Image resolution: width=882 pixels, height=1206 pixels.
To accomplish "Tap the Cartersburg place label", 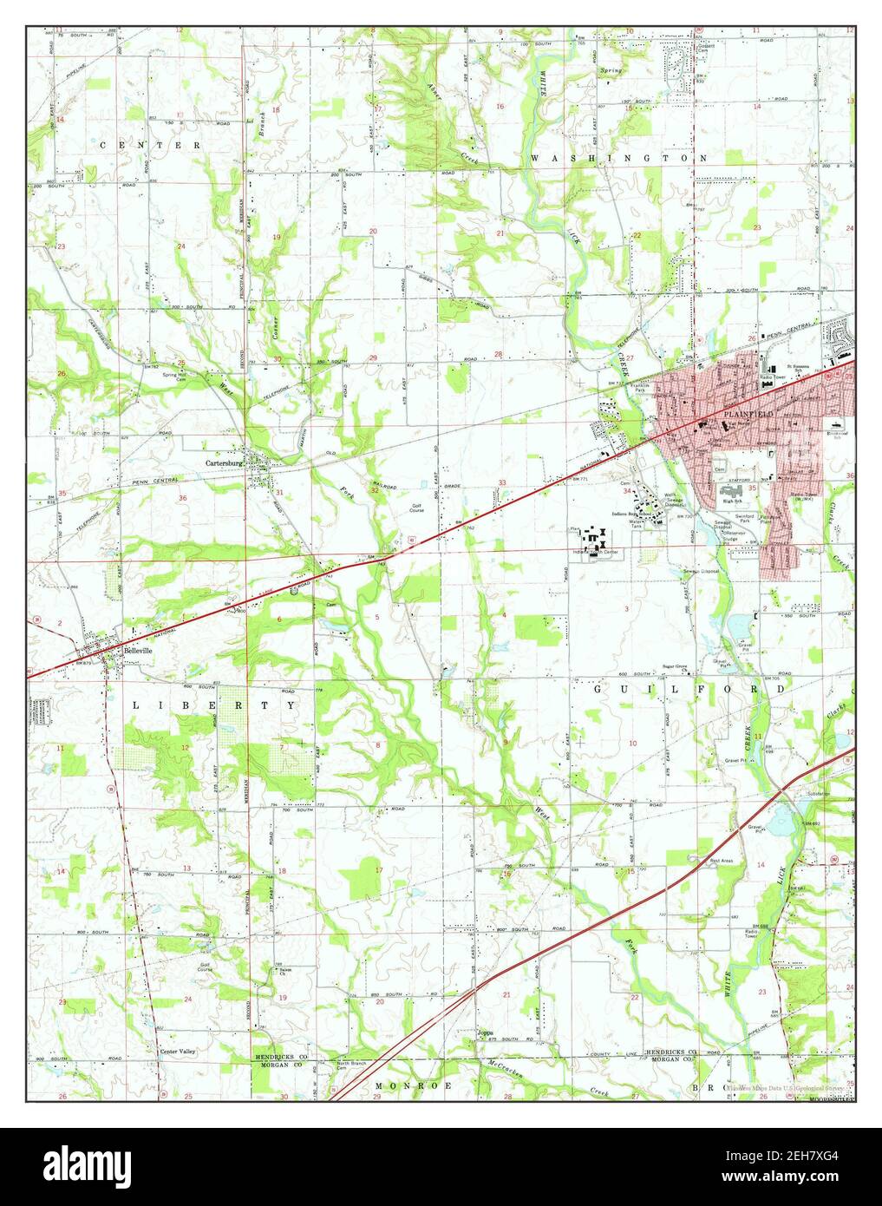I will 222,463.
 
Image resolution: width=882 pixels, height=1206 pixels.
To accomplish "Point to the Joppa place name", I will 485,1032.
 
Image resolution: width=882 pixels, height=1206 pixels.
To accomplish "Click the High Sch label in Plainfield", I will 733,501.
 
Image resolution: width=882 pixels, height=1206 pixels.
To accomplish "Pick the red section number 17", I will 378,869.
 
